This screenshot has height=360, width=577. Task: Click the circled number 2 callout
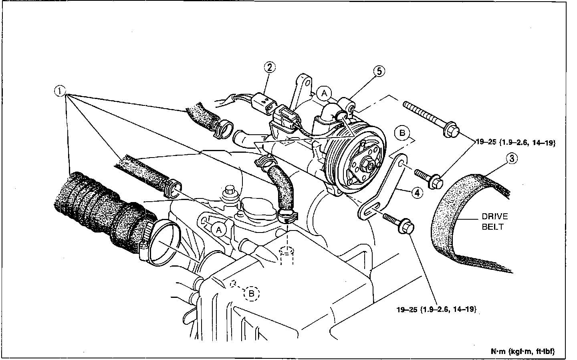click(x=270, y=67)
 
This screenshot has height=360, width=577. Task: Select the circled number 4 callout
click(x=417, y=193)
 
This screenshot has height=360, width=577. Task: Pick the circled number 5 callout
click(x=379, y=71)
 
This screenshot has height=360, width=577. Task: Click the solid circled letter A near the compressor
click(x=324, y=93)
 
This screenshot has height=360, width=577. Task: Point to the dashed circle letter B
click(x=252, y=293)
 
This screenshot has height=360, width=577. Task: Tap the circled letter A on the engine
click(x=218, y=230)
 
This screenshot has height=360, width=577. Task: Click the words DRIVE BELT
click(x=494, y=221)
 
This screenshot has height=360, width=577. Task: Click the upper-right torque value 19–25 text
click(x=515, y=142)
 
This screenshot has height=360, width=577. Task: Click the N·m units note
click(x=523, y=352)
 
